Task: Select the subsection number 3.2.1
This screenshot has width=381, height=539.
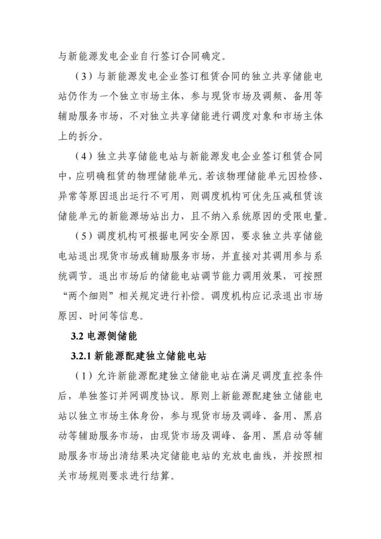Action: click(x=81, y=356)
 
